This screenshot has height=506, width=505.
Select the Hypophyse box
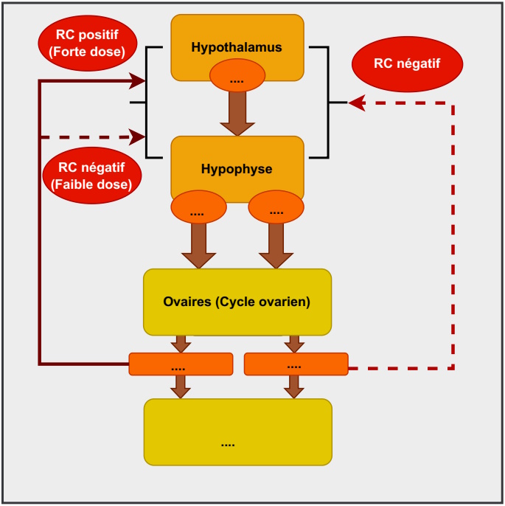237,164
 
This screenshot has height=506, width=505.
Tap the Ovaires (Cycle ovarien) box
237,302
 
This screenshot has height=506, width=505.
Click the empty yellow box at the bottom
237,432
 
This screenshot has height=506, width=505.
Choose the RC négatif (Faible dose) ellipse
91,176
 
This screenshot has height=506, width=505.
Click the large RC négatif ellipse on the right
407,63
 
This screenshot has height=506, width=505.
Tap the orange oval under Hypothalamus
237,77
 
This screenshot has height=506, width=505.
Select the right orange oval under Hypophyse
276,209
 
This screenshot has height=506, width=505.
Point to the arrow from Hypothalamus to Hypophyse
237,114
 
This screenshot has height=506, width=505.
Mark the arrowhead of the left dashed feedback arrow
138,136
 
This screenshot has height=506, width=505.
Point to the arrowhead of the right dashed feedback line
357,103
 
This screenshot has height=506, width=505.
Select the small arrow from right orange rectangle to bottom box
294,387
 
